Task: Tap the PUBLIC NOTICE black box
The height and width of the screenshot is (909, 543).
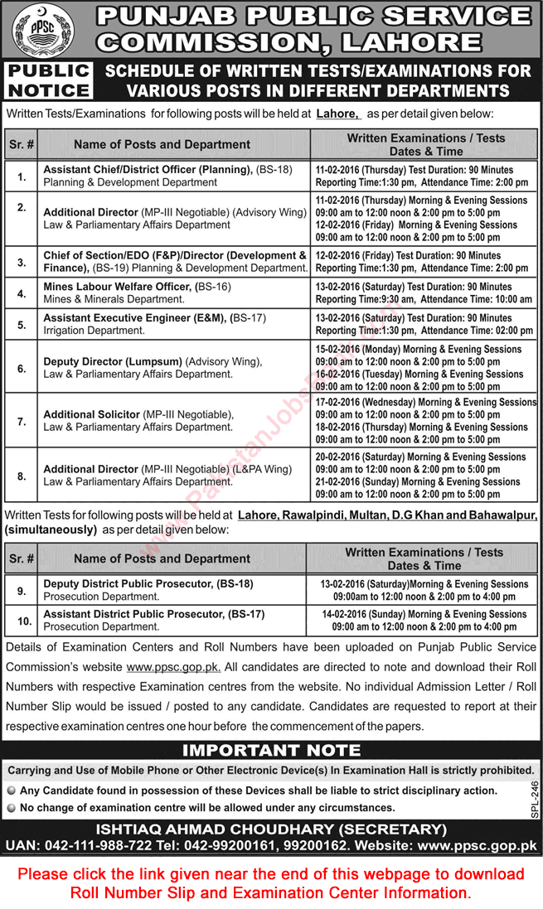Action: click(48, 80)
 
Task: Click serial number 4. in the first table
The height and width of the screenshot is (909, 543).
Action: click(22, 293)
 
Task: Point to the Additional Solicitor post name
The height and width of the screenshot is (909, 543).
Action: click(91, 414)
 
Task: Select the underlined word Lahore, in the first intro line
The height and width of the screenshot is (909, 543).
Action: click(338, 114)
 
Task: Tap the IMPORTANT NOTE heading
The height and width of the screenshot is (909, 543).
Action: click(271, 752)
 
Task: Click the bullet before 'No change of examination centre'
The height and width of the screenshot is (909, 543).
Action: click(11, 807)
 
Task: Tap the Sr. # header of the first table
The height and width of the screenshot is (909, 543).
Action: click(22, 144)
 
